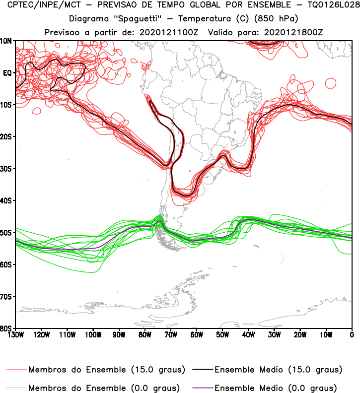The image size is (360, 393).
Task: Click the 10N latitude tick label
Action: coord(6,41)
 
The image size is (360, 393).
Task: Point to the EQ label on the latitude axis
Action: coord(7,73)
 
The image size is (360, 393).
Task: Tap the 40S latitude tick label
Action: coord(6,200)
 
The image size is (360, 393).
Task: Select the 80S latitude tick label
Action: coord(6,328)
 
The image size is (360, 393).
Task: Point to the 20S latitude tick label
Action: coord(6,136)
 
